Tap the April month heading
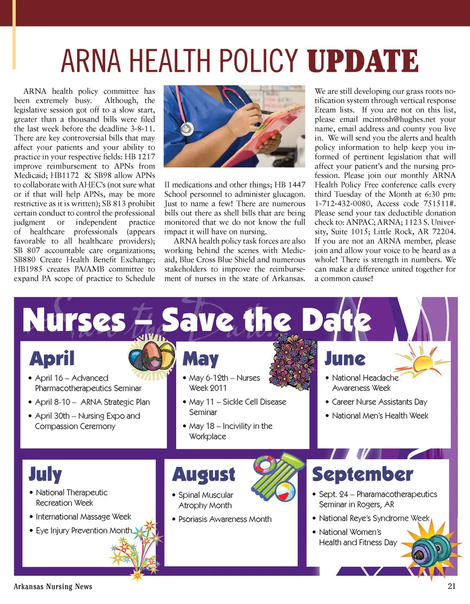[52, 359]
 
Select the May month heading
[200, 359]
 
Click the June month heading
[345, 359]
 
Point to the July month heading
[45, 474]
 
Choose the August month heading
[204, 474]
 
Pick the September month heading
[362, 474]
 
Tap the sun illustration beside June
[420, 362]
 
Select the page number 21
[451, 586]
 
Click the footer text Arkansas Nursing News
[53, 586]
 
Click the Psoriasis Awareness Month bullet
[225, 519]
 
